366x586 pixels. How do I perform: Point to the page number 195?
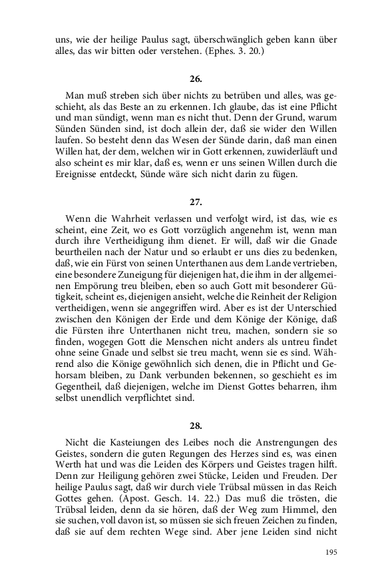click(331, 552)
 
